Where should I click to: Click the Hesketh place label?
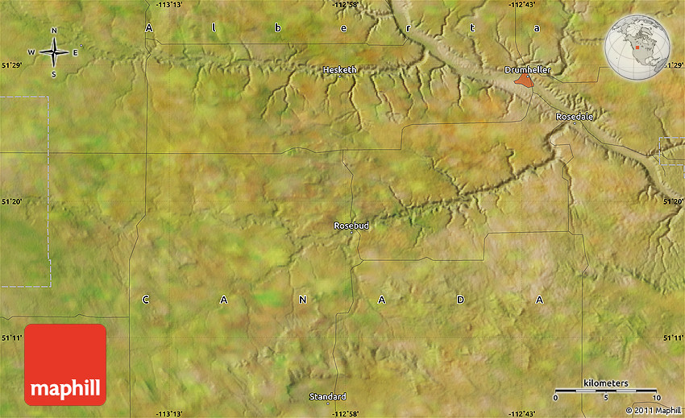339,70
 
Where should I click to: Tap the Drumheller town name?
527,70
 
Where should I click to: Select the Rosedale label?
575,117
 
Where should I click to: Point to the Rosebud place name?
351,226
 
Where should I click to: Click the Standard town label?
328,396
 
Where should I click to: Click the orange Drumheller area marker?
525,81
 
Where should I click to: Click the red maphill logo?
65,365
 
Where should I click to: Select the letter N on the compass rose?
54,31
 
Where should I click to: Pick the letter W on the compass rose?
31,53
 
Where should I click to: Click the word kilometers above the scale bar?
606,383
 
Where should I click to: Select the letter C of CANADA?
146,300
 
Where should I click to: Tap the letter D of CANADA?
461,300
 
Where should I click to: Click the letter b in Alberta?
277,28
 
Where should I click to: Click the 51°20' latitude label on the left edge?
12,202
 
